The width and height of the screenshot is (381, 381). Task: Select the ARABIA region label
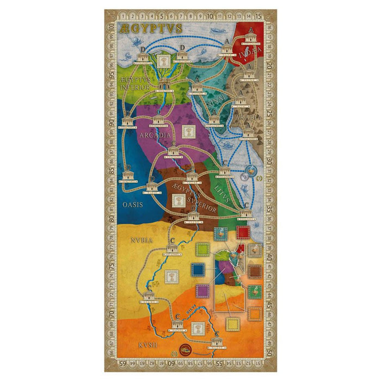[249, 117]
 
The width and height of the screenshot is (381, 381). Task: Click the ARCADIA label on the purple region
[156, 134]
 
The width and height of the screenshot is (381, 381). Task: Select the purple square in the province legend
[202, 291]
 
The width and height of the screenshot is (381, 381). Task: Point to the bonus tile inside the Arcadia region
[189, 131]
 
